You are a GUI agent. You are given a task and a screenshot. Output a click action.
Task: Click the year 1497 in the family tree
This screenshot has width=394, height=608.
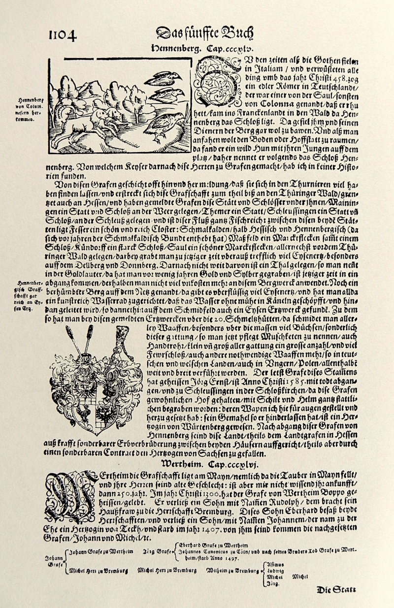pyautogui.click(x=232, y=559)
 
